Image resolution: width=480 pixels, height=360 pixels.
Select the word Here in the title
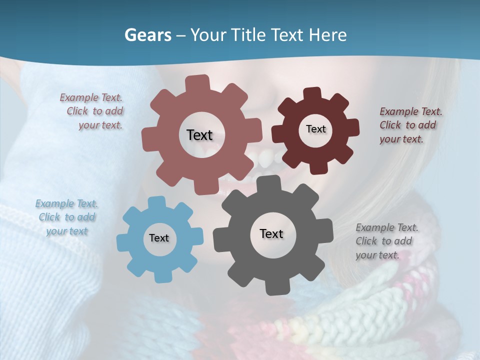[328, 35]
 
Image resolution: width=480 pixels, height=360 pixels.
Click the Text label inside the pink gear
[199, 135]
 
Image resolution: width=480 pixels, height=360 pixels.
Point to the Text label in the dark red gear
[315, 129]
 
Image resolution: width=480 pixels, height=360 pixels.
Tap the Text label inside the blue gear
[158, 238]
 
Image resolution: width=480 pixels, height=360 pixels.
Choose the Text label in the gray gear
[271, 233]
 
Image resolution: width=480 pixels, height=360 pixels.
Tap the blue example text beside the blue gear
[66, 217]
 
